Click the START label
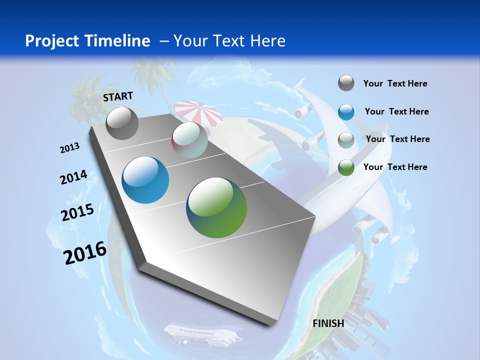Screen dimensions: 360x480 point(118,96)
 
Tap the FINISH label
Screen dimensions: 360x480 point(328,323)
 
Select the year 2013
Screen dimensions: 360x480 point(69,148)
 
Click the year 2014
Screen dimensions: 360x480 point(73,177)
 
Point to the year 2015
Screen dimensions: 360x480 point(77,212)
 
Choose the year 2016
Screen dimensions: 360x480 point(85,252)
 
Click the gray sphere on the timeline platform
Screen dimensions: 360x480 point(122,123)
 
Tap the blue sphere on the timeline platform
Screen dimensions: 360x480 point(145,180)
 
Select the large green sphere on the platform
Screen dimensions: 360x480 point(216,207)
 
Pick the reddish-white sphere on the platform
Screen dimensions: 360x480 point(189,140)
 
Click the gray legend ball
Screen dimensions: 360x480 point(346,83)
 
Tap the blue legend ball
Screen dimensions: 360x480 point(346,111)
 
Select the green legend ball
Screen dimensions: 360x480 point(346,167)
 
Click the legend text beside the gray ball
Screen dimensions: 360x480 point(395,83)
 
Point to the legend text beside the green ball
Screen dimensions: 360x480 point(395,167)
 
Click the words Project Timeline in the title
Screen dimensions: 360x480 point(87,41)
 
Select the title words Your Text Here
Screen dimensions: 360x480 point(229,41)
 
